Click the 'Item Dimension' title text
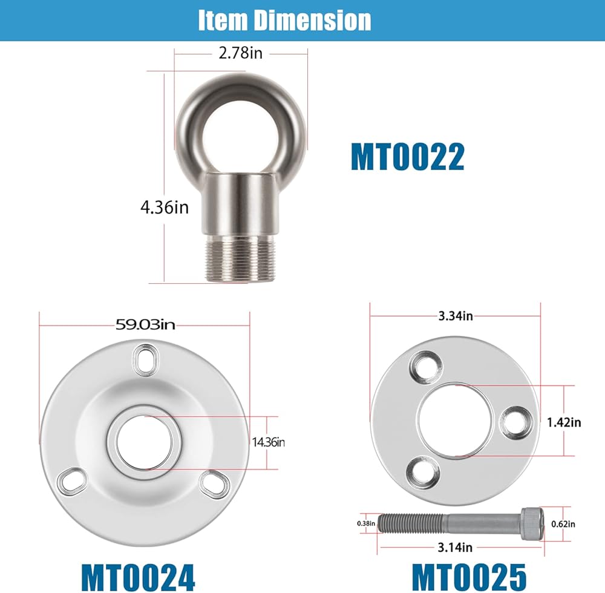[x=285, y=20]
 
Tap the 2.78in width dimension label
[x=240, y=53]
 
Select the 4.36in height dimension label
[x=165, y=208]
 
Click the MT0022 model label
[x=407, y=157]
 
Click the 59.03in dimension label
[x=145, y=325]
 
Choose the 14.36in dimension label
[x=269, y=442]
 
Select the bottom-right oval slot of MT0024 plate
[x=215, y=484]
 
